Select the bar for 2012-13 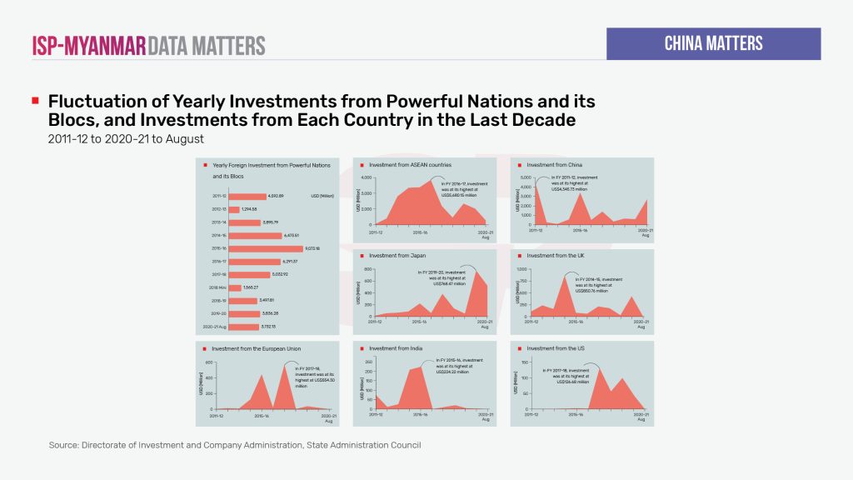[x=235, y=209]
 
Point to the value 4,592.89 [x=277, y=197]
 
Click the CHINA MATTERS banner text [x=713, y=43]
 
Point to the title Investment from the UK [x=555, y=256]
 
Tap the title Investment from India [x=395, y=347]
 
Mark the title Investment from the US [x=554, y=347]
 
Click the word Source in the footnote [x=63, y=446]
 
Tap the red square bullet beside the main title [x=35, y=101]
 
